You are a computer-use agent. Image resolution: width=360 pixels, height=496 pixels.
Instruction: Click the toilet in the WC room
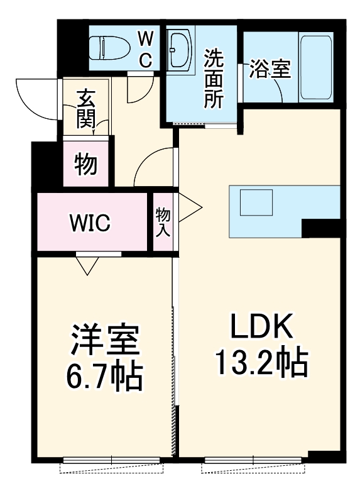[x=110, y=48]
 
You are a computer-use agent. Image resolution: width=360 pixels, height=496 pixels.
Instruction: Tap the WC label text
[x=146, y=50]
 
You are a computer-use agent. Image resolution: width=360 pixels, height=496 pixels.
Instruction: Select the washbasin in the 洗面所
[x=180, y=50]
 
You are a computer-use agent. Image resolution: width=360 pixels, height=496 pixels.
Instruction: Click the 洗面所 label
[x=214, y=79]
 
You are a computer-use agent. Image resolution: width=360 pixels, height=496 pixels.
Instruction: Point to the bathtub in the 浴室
[x=316, y=67]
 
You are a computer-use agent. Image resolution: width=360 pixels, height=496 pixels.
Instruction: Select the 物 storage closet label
[x=85, y=164]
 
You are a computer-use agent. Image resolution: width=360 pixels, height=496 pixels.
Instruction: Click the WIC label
[x=90, y=223]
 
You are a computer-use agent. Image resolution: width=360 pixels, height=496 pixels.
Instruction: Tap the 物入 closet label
[x=163, y=222]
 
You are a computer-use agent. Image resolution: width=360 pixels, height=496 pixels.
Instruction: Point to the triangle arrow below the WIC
[x=87, y=265]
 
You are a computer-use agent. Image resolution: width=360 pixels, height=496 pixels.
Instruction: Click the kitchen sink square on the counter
[x=256, y=203]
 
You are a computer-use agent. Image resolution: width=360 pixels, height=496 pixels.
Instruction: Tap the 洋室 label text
[x=106, y=339]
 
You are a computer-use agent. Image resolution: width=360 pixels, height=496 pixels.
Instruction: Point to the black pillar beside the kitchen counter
[x=321, y=228]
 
